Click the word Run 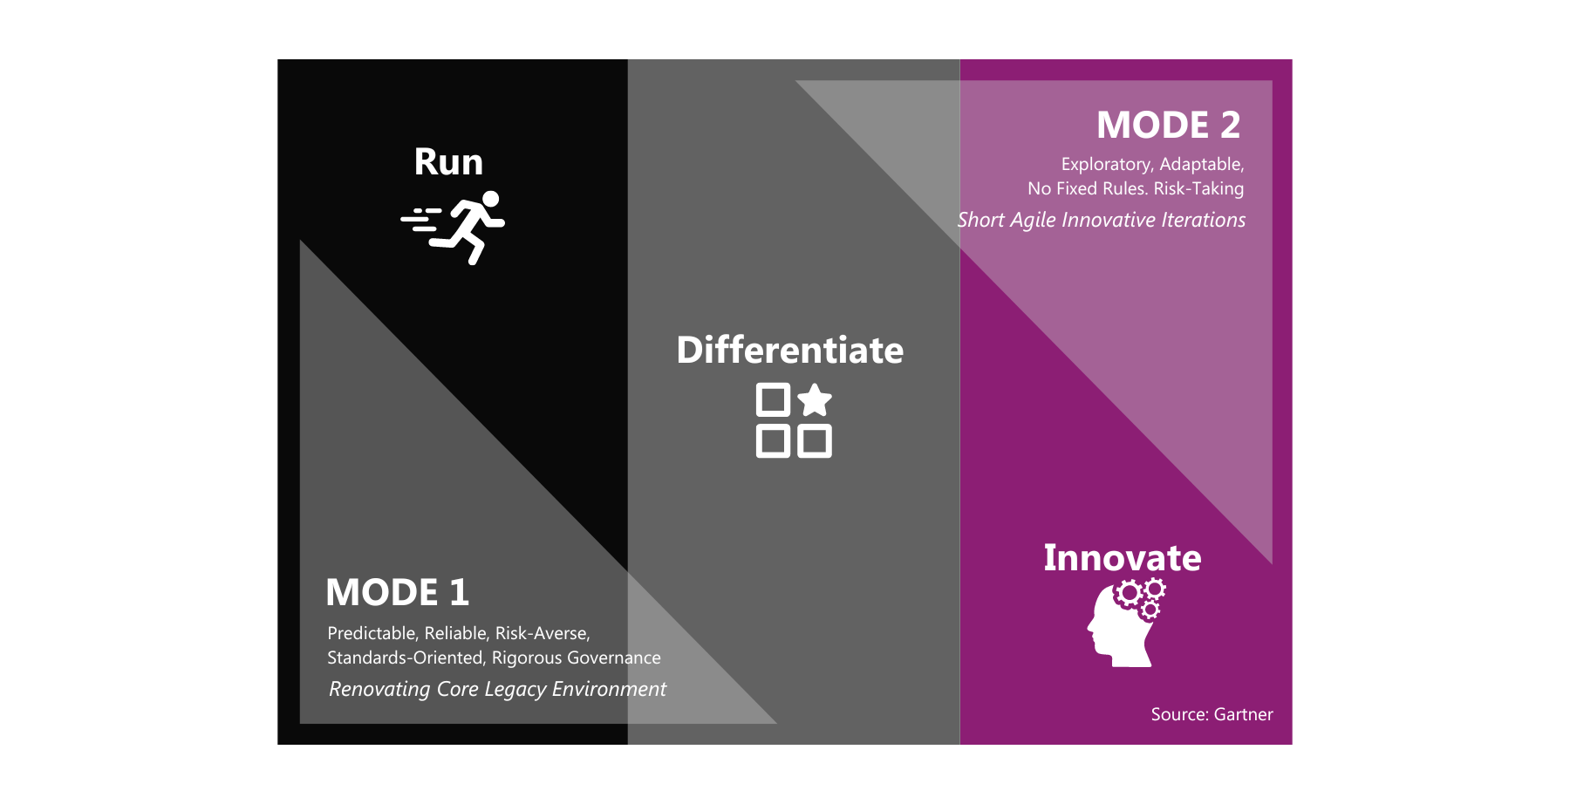(x=448, y=162)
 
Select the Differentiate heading (x=790, y=351)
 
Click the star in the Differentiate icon (x=815, y=400)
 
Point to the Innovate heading (x=1123, y=558)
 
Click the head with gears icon (x=1127, y=623)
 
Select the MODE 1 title (x=398, y=593)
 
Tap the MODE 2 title (x=1169, y=126)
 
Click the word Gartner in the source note (x=1243, y=715)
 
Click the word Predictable (x=373, y=633)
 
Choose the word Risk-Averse (x=543, y=633)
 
